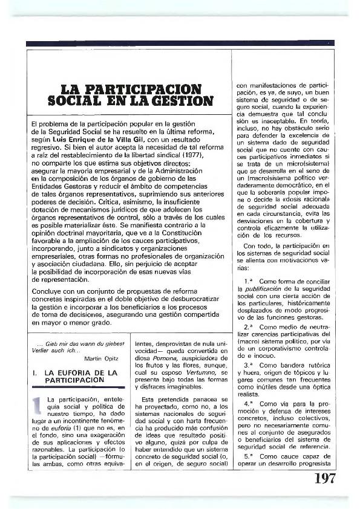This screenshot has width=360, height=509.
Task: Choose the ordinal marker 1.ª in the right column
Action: (249, 282)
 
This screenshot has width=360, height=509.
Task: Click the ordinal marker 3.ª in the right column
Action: (249, 365)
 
